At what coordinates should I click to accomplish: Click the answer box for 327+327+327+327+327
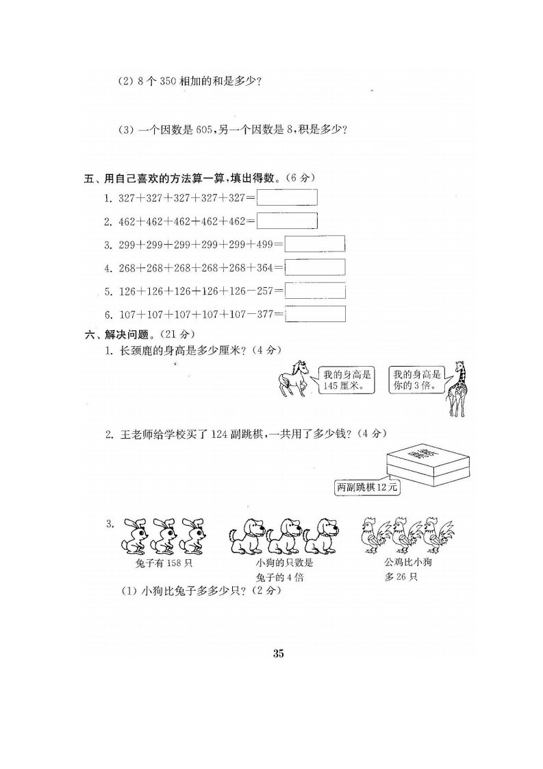287,197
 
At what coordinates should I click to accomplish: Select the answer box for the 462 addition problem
287,220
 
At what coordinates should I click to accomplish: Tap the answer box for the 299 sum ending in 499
314,244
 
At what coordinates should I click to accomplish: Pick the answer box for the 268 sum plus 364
314,267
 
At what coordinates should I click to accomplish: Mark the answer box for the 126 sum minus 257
314,291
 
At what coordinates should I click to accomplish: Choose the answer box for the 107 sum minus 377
314,314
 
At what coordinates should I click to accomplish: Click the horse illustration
294,378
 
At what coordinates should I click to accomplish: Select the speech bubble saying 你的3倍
418,380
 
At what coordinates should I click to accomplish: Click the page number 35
278,653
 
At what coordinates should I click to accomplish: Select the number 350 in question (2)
167,82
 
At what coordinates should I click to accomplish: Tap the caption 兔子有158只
164,563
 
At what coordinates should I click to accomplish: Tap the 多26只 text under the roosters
401,577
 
